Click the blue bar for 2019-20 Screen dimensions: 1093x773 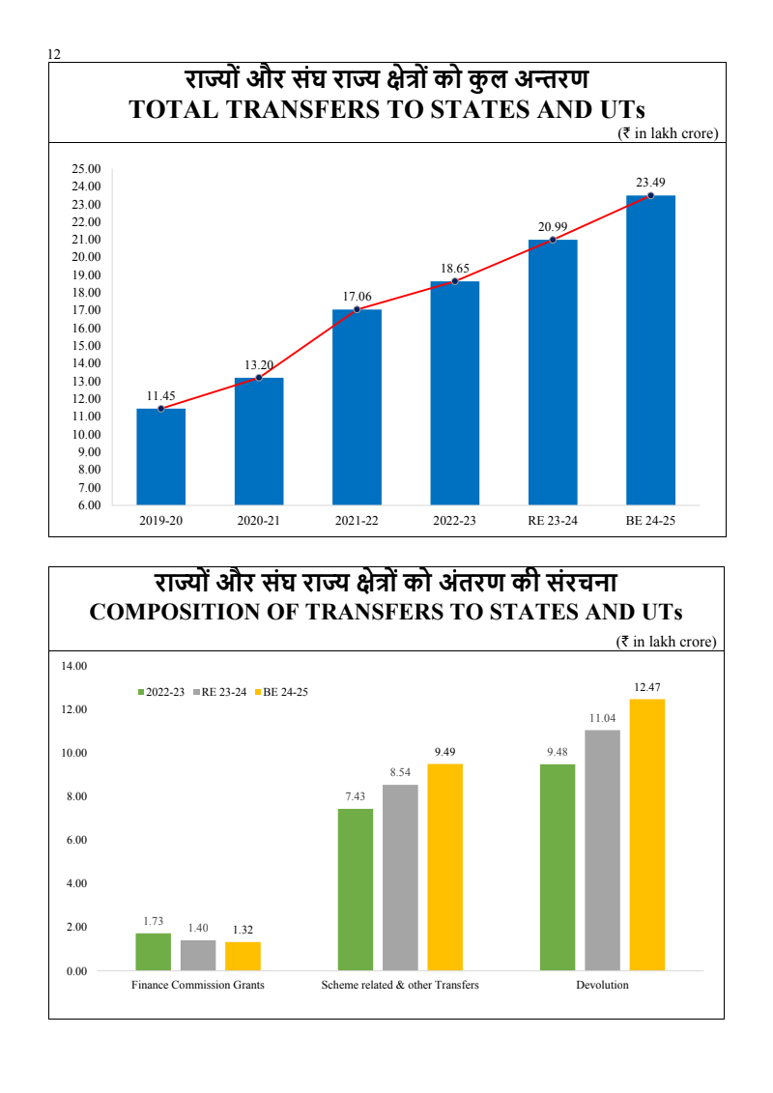coord(160,456)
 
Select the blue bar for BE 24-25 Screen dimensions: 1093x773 coord(650,350)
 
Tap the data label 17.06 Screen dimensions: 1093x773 coord(357,297)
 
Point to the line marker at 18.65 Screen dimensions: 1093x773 coord(455,281)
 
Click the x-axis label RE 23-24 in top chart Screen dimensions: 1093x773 coord(552,521)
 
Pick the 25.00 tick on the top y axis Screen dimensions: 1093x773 coord(86,169)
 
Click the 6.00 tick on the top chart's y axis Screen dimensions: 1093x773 coord(89,504)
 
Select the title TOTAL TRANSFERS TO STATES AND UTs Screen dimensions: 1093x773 coord(386,109)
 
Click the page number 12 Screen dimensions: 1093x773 coord(54,55)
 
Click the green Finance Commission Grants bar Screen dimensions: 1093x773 coord(153,951)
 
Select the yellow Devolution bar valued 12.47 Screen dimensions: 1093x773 coord(647,834)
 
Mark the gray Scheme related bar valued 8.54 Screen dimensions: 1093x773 coord(400,877)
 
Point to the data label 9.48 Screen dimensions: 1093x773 coord(558,751)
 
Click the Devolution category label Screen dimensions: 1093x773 coord(602,985)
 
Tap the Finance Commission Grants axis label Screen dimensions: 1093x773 coord(198,985)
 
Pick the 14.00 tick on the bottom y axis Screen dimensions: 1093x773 coord(74,666)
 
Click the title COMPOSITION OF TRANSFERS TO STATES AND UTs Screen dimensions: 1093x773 coord(386,613)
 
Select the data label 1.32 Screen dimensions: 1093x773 coord(243,930)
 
